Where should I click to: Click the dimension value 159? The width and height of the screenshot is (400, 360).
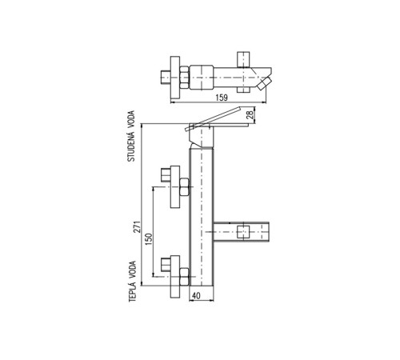[x=222, y=98]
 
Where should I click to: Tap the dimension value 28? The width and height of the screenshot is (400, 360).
[x=250, y=114]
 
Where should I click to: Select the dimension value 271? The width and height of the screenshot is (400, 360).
[x=137, y=227]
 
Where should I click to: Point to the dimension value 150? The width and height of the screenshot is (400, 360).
[x=149, y=239]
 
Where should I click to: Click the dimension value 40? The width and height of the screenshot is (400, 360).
[x=196, y=296]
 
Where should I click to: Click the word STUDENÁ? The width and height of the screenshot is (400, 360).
[x=131, y=147]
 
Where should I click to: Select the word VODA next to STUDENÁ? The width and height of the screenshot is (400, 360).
[x=131, y=120]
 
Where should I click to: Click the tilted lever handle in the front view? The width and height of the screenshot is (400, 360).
[x=214, y=118]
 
